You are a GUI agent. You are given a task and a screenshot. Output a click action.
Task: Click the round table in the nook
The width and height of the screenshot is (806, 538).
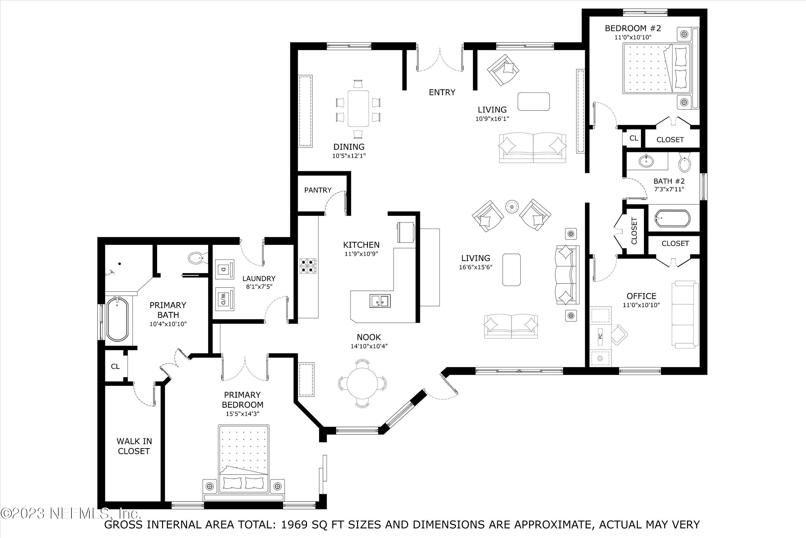362,382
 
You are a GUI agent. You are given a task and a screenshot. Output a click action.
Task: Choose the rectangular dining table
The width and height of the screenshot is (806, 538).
358,108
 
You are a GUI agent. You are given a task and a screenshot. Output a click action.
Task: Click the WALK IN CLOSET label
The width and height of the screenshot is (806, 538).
134,446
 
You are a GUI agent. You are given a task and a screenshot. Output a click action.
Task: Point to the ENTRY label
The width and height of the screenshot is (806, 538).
442,92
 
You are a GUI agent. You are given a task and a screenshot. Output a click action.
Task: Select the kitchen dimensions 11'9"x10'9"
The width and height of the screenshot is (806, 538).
361,254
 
